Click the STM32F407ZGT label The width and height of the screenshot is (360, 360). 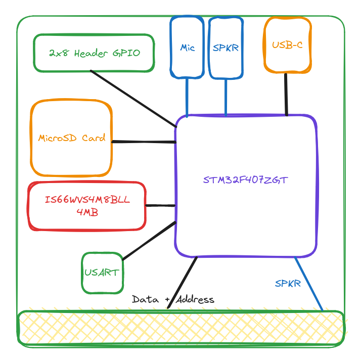click(x=245, y=180)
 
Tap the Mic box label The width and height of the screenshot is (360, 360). click(x=188, y=48)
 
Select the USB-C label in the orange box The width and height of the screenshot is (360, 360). click(x=287, y=45)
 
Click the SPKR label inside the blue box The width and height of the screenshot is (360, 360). click(x=226, y=48)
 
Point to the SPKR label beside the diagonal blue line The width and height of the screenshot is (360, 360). click(x=288, y=283)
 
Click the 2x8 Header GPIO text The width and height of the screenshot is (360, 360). click(x=95, y=53)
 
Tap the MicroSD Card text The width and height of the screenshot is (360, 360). click(x=72, y=138)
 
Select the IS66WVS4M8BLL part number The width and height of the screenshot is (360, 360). click(x=87, y=199)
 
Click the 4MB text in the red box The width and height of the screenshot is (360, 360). click(x=87, y=212)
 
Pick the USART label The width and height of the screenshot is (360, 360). click(x=102, y=273)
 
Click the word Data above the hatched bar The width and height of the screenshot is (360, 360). click(x=145, y=299)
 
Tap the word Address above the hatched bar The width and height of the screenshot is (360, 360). click(x=195, y=299)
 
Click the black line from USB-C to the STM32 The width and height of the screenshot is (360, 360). click(x=286, y=95)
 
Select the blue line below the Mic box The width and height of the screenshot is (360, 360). click(x=187, y=98)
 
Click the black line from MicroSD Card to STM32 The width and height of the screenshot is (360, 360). click(x=144, y=142)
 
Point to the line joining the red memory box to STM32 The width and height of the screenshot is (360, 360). click(x=160, y=205)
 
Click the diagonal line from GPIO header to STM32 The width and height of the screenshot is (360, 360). click(x=133, y=99)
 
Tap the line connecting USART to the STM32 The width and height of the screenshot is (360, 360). click(x=149, y=241)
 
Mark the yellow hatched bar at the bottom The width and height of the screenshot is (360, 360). click(x=181, y=328)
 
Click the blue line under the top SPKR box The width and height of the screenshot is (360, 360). click(x=226, y=97)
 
